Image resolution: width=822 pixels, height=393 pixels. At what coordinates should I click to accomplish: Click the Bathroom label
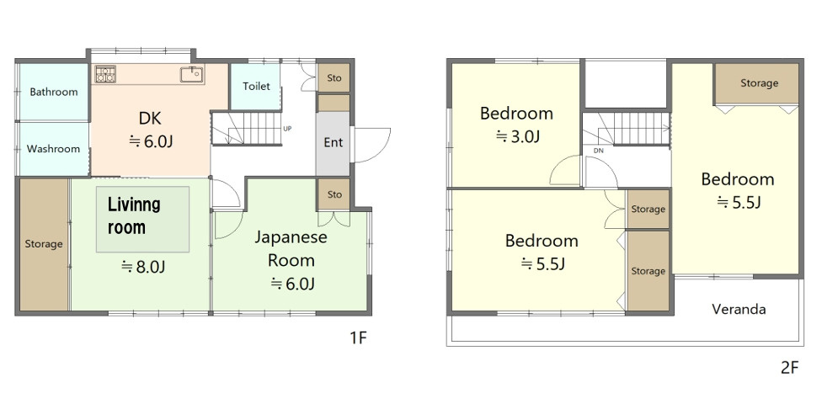click(x=53, y=92)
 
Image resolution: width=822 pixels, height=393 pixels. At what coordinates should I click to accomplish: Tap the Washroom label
click(x=53, y=149)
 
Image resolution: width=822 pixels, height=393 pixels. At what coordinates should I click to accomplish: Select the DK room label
click(x=149, y=118)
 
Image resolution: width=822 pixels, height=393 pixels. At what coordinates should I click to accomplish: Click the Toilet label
click(x=256, y=86)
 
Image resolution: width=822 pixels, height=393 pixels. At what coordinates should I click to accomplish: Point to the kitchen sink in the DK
click(x=191, y=74)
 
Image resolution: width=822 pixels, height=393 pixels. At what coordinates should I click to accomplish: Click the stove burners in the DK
click(x=105, y=74)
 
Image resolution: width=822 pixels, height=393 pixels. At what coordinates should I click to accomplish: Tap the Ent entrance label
click(x=334, y=142)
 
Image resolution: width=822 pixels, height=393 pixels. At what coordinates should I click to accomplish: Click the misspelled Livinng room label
click(x=134, y=215)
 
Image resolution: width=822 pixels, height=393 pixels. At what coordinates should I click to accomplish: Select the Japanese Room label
click(x=291, y=248)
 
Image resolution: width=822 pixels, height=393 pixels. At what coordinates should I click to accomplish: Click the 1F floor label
click(x=359, y=338)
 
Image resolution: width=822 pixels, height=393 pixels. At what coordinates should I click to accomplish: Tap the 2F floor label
click(x=789, y=367)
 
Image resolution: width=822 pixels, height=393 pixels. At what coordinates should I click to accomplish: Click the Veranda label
click(x=739, y=309)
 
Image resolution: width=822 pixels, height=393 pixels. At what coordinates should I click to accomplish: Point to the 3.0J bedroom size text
click(x=516, y=135)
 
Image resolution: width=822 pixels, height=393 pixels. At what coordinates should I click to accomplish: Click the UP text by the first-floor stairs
click(x=288, y=129)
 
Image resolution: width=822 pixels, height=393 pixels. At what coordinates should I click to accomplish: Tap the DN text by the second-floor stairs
click(x=599, y=151)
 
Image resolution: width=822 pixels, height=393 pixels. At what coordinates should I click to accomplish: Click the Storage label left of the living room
click(x=43, y=244)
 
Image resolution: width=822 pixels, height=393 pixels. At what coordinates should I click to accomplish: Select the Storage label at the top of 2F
click(x=759, y=83)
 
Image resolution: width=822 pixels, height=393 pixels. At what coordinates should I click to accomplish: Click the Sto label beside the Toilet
click(x=334, y=77)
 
